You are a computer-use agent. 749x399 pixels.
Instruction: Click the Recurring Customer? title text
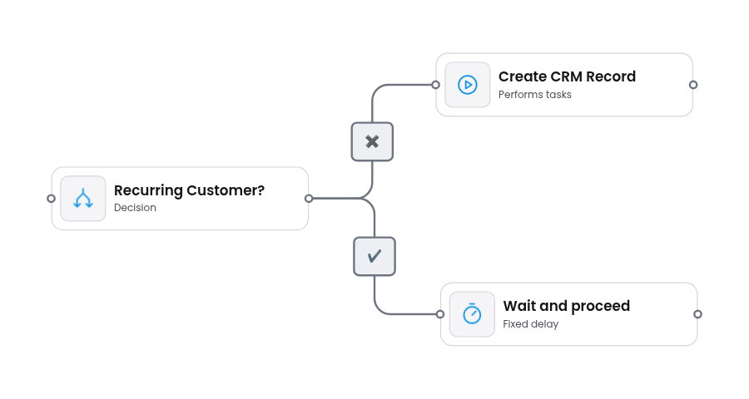(189, 190)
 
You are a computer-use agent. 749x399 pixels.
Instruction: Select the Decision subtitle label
(135, 208)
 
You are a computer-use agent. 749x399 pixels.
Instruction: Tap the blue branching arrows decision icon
(83, 199)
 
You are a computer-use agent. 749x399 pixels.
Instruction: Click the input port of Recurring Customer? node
(51, 199)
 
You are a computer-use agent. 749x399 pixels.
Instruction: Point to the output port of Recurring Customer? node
(309, 199)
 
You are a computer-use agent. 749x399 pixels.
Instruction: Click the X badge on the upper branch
(372, 141)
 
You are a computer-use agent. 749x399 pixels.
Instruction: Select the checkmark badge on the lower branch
(374, 256)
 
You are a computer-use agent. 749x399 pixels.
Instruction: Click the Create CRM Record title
(567, 76)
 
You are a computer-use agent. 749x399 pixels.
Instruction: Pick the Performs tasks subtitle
(534, 95)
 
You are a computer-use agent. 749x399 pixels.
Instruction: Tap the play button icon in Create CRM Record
(467, 85)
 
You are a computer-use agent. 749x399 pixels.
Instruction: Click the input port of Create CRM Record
(435, 85)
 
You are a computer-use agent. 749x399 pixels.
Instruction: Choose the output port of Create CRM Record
(693, 85)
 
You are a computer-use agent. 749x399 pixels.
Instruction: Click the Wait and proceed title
(566, 306)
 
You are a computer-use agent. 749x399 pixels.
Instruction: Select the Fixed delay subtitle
(530, 324)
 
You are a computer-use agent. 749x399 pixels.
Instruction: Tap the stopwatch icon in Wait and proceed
(472, 314)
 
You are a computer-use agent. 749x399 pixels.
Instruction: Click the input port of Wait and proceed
(440, 314)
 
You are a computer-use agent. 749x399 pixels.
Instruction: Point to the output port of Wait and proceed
(697, 314)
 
